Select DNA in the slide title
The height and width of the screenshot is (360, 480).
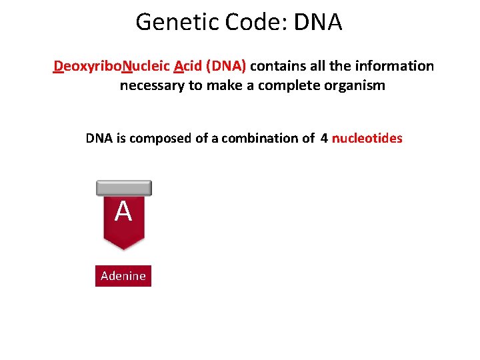[x=317, y=22]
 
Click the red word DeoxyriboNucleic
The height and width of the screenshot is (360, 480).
[x=112, y=66]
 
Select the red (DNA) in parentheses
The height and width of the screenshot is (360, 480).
[x=226, y=66]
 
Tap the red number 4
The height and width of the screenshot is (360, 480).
[x=324, y=138]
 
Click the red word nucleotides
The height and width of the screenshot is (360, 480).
[x=367, y=138]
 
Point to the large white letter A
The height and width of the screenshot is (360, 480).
[x=123, y=212]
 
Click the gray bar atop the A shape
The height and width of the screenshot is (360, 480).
[x=123, y=188]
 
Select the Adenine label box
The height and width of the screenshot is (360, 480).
[x=123, y=275]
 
